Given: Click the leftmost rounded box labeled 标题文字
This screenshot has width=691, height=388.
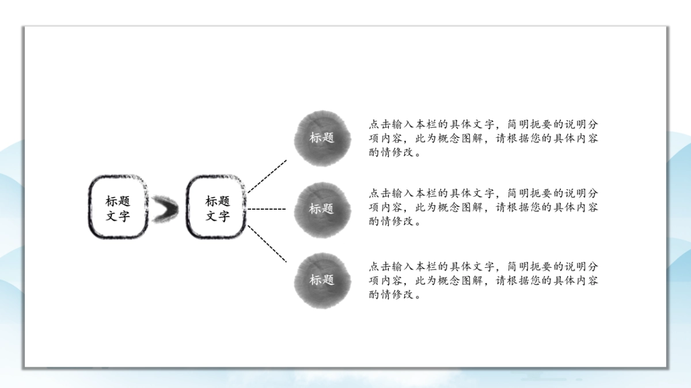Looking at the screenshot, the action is click(x=118, y=207).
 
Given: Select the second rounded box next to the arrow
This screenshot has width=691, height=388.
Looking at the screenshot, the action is click(x=217, y=207).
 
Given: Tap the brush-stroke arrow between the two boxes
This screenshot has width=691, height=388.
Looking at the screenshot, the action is click(x=165, y=209).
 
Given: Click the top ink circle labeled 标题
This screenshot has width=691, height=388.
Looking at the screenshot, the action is click(x=322, y=138).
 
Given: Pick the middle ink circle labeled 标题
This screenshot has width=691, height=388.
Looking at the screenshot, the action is click(x=322, y=209).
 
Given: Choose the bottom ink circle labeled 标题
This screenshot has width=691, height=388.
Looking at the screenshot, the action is click(x=322, y=281).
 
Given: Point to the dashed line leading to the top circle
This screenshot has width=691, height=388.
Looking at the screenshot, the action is click(x=267, y=176).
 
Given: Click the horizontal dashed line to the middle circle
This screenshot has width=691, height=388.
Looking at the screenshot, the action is click(x=267, y=209).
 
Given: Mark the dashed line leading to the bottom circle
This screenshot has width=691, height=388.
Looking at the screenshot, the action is click(x=267, y=244).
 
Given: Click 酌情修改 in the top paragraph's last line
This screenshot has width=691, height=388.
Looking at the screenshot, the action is click(x=392, y=153).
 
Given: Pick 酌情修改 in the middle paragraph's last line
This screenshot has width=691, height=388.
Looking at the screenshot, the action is click(x=392, y=222).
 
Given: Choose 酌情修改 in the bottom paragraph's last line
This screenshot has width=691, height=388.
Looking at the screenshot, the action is click(x=392, y=295).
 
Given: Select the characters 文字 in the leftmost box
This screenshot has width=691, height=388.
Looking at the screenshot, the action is click(x=118, y=217).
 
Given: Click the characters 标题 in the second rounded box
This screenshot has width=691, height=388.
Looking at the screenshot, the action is click(x=217, y=201).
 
